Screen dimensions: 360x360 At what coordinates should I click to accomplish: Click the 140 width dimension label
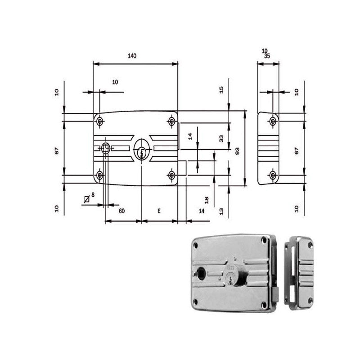coord(132,56)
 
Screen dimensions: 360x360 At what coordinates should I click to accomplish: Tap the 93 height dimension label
coord(238,151)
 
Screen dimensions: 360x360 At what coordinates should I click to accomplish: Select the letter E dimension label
coord(159,211)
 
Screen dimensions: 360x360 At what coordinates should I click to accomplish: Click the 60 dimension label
coord(121,211)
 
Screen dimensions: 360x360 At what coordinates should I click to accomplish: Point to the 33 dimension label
coord(221,139)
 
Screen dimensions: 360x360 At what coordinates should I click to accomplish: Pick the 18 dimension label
coord(207,200)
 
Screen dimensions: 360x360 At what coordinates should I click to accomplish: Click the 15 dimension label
coord(221,90)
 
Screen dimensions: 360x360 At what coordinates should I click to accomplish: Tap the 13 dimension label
coord(221,211)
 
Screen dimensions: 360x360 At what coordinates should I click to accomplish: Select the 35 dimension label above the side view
coord(267,56)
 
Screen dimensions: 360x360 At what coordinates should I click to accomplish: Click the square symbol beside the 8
coord(86,199)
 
